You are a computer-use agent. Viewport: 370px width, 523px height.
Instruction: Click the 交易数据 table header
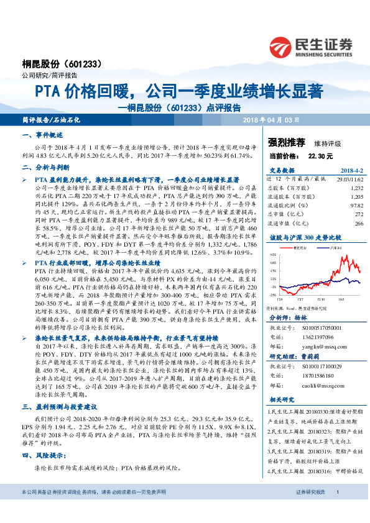pos(283,170)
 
